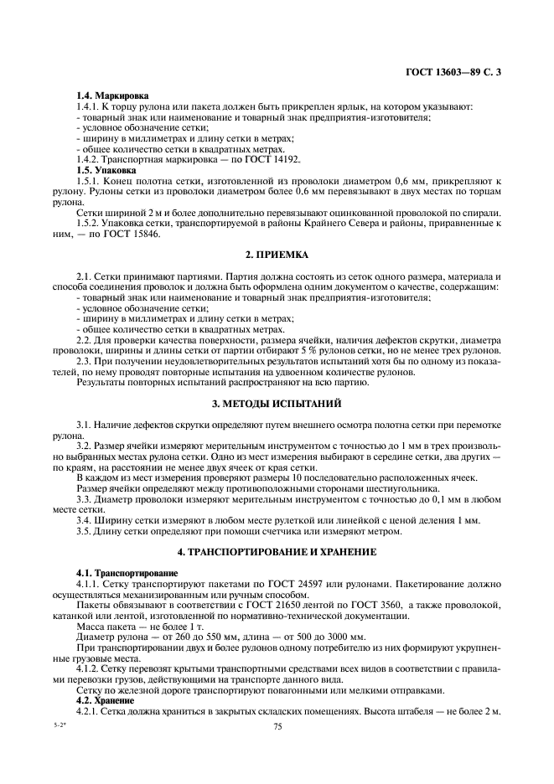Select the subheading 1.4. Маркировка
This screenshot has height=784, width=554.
click(x=107, y=96)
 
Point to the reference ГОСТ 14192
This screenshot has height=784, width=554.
click(x=276, y=159)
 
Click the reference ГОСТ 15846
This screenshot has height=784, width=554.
click(x=134, y=234)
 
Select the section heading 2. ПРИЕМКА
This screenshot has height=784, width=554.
click(x=277, y=254)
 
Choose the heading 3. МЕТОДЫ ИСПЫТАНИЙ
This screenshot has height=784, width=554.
click(x=277, y=404)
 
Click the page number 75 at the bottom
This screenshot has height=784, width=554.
click(x=277, y=727)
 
